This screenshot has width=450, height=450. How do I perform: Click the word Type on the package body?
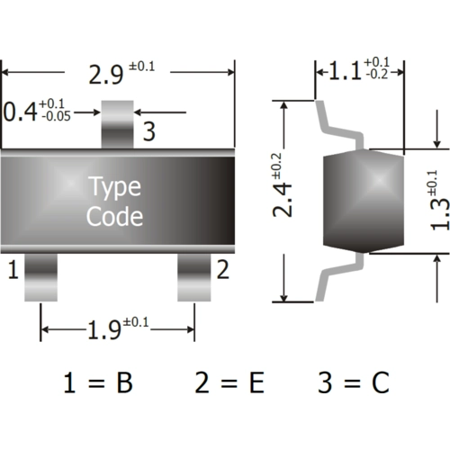(x=113, y=187)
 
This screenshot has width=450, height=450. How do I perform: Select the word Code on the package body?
(x=113, y=216)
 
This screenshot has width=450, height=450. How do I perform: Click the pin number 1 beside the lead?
(x=13, y=267)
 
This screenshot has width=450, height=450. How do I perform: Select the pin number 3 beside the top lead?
(x=148, y=132)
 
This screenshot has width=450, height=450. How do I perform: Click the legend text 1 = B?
(x=98, y=382)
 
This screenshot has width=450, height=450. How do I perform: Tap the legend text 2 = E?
(x=229, y=382)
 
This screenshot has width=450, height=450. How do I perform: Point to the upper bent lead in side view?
(x=340, y=123)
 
